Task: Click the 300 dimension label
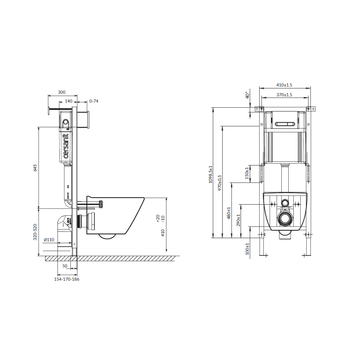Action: [x=62, y=92]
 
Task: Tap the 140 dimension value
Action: [x=68, y=101]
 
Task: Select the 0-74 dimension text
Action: [x=94, y=101]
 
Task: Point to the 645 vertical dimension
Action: [x=35, y=168]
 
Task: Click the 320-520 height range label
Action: [x=35, y=232]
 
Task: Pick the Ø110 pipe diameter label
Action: [x=49, y=240]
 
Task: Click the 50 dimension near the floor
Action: [x=65, y=266]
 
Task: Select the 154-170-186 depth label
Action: [x=67, y=279]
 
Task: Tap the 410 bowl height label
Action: [x=163, y=233]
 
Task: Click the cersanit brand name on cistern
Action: [x=66, y=146]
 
